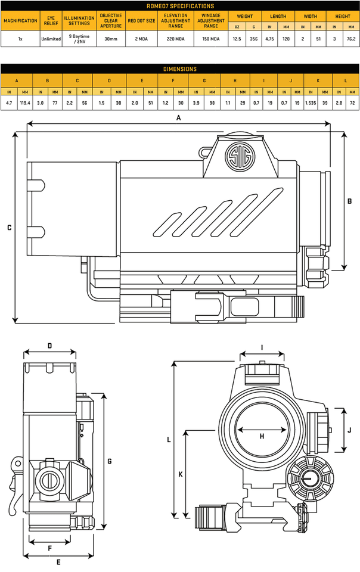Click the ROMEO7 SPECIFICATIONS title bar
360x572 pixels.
[180, 6]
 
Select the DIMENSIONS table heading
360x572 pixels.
[180, 69]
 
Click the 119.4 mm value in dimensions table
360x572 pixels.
[24, 103]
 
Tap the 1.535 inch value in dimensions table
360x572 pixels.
[311, 103]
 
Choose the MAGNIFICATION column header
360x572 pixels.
[20, 20]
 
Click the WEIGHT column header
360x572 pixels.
[246, 17]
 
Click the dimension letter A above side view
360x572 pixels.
[178, 118]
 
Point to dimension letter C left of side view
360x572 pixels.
[9, 228]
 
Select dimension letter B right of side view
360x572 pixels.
[350, 201]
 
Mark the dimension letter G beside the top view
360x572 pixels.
[110, 461]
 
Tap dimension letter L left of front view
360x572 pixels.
[169, 440]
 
